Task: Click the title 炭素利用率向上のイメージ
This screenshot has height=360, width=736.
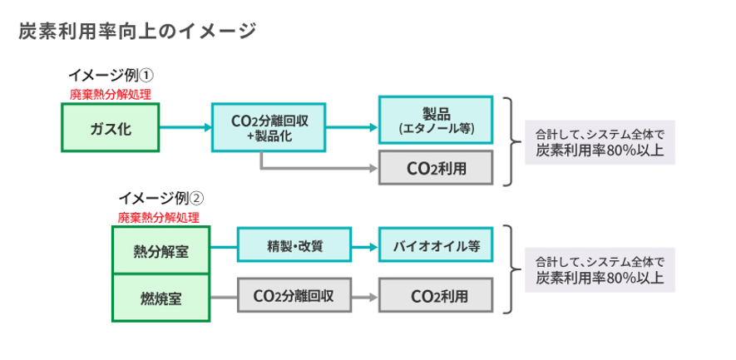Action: coord(137,32)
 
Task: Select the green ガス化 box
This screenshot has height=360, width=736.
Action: coord(111,128)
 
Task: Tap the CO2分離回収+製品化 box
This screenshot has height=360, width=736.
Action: coord(269,128)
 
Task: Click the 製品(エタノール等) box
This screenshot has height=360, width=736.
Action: coord(436,121)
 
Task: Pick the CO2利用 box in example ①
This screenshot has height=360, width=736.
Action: coord(436,168)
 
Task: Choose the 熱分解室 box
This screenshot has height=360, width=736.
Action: coord(161,250)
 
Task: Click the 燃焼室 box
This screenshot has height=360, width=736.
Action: coord(161,297)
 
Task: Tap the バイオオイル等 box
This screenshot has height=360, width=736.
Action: coord(436,246)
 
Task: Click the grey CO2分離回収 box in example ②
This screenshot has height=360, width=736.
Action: coord(293,296)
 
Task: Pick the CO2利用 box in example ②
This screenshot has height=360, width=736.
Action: coord(436,296)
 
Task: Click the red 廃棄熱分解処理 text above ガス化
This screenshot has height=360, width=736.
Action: coord(110,95)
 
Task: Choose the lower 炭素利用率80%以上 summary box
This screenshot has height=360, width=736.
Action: coord(600,268)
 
